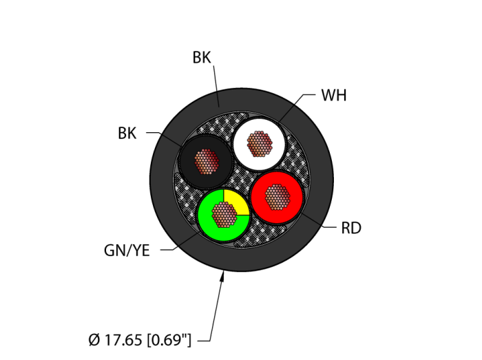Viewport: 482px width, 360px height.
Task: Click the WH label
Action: tap(333, 96)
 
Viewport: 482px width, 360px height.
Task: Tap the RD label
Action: tap(350, 228)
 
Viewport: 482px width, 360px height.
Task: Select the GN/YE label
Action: tap(127, 251)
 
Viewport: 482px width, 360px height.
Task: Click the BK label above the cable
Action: tap(202, 59)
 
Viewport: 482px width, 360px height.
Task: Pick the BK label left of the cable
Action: tap(127, 134)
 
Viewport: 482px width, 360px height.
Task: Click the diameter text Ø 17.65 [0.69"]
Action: tap(140, 339)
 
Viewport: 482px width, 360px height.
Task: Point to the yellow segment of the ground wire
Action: tap(235, 202)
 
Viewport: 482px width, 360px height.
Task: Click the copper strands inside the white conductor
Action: tap(260, 144)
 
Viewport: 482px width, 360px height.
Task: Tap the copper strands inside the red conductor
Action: tap(277, 197)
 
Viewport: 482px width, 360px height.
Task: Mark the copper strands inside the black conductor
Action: tap(206, 162)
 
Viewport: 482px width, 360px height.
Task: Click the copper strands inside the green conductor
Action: tap(223, 215)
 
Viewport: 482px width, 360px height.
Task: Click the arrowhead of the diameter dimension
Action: tap(222, 277)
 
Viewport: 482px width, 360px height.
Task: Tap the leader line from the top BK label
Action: tap(216, 86)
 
